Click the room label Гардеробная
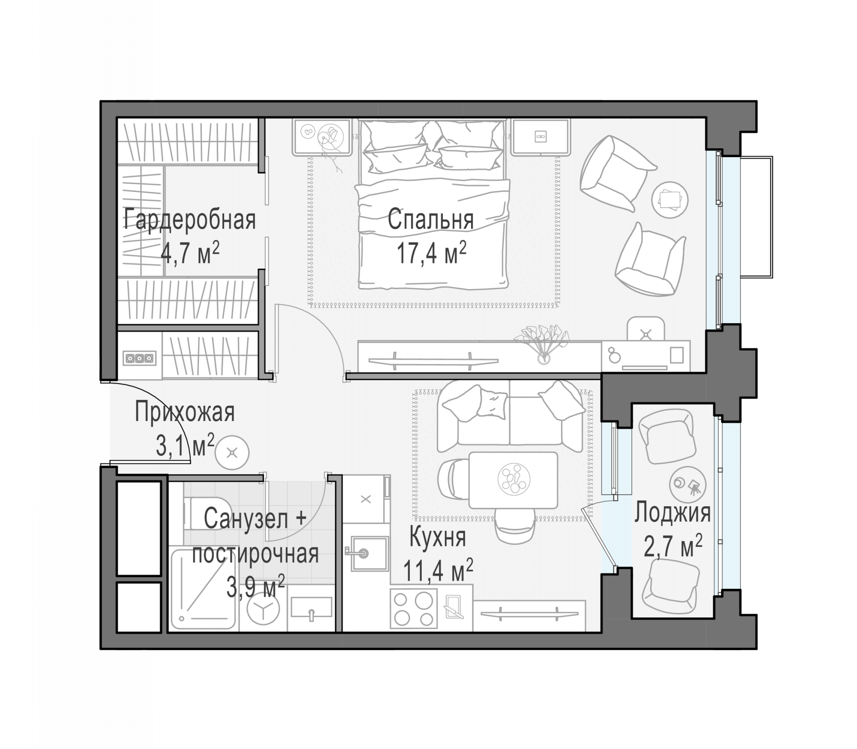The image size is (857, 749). tap(190, 220)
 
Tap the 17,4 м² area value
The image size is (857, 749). tap(431, 253)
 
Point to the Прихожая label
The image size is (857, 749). tap(184, 412)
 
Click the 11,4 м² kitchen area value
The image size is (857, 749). tap(438, 570)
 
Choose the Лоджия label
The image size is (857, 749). tap(673, 513)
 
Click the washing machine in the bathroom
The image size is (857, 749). tap(263, 608)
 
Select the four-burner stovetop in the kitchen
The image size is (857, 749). tap(414, 609)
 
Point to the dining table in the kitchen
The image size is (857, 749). tap(513, 480)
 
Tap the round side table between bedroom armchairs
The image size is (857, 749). tap(670, 200)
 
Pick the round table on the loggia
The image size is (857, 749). tap(687, 484)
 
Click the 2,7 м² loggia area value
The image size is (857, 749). tap(673, 546)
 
